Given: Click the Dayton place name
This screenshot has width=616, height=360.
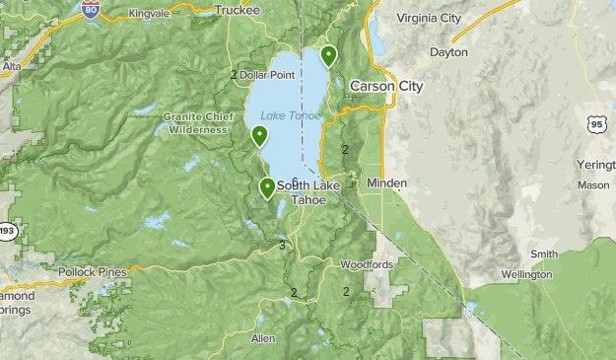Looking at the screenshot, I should click(x=449, y=51).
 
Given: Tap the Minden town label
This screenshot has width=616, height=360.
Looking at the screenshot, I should click(x=386, y=183).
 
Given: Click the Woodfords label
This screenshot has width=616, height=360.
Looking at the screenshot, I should click(x=367, y=264).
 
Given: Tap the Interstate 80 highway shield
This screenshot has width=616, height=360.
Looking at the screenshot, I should click(x=91, y=10).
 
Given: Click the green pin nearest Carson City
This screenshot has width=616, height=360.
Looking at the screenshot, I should click(x=328, y=56).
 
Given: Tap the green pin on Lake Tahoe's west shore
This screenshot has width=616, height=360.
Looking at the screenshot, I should click(x=259, y=136).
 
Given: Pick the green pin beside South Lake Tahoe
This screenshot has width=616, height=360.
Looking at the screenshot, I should click(x=267, y=187).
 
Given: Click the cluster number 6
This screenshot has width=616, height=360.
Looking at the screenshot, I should click(x=294, y=181).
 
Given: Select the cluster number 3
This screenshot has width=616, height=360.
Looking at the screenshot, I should click(x=283, y=246).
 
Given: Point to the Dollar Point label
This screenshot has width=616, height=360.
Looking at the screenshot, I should click(x=267, y=75).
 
